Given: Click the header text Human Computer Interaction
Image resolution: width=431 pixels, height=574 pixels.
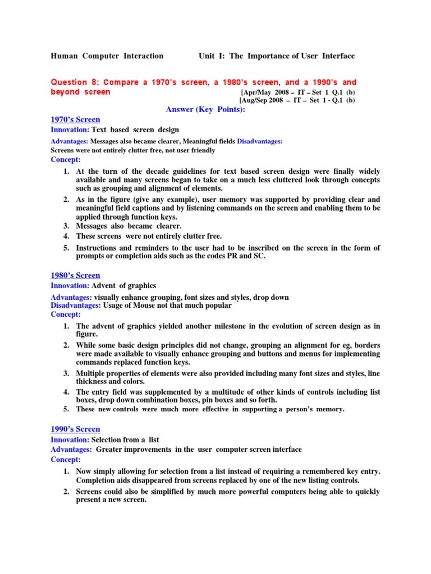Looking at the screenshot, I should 107,56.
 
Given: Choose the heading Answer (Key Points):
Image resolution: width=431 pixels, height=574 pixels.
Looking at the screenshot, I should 205,109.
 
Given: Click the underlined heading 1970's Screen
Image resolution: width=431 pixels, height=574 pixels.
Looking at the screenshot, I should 75,119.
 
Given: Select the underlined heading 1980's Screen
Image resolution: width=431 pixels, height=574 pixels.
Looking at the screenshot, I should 75,275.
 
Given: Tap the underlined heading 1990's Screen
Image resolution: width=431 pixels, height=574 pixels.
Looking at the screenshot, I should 75,429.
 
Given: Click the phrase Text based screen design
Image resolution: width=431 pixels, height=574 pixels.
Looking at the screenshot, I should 135,130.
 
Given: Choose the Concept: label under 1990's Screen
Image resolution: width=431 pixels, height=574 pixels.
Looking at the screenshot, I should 66,460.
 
